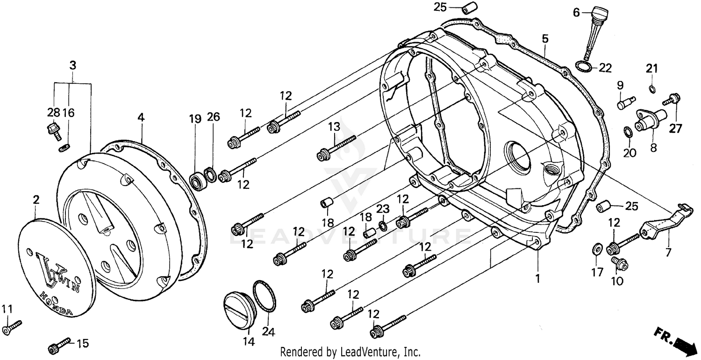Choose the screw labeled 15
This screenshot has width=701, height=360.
(59, 346)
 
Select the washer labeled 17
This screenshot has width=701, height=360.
(597, 247)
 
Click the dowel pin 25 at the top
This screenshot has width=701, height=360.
(468, 8)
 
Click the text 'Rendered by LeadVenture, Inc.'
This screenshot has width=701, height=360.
(350, 351)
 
